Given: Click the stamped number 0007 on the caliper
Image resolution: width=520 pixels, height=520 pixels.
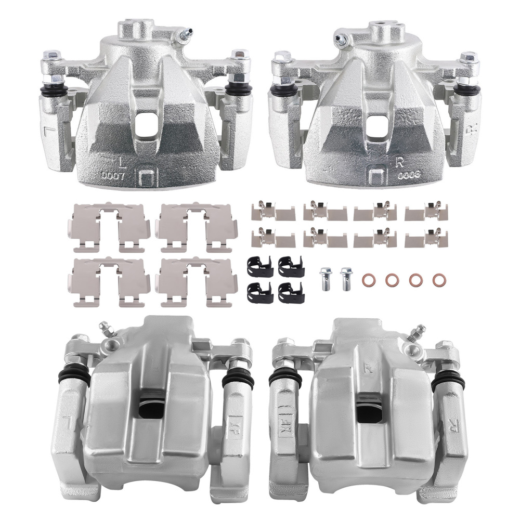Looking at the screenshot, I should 114,176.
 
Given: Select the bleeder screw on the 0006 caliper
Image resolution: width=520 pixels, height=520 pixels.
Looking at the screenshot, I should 341,39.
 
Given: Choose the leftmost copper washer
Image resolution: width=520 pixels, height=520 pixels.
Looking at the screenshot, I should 368,280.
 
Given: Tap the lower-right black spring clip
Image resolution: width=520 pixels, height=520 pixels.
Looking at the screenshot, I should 287,293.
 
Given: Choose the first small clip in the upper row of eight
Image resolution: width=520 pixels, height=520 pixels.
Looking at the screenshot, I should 264,211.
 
